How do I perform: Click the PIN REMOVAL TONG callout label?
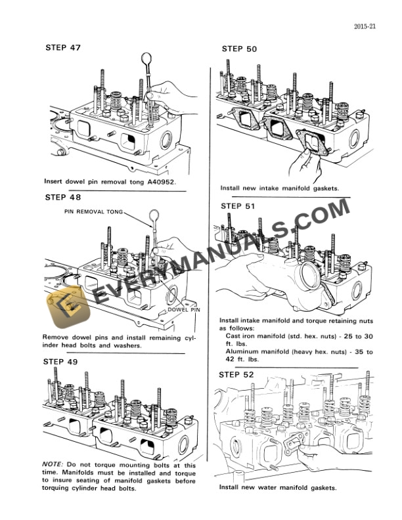(94, 212)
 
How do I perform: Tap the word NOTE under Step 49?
(52, 463)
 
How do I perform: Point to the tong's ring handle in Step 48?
(154, 215)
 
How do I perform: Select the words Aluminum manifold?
(256, 352)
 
